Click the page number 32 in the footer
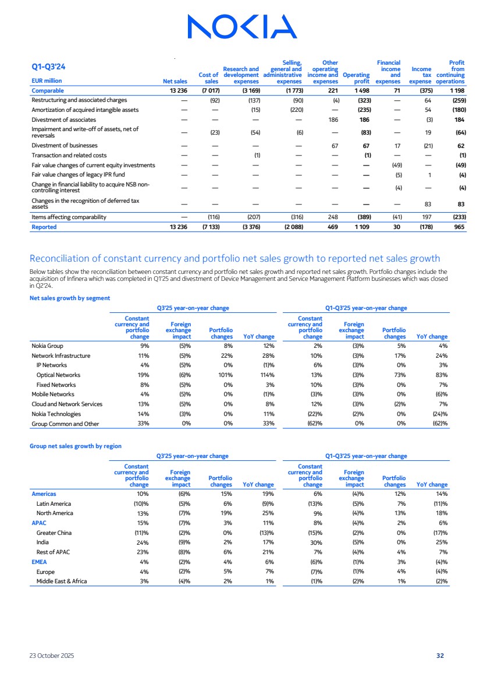tap(440, 656)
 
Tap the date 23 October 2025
tap(52, 656)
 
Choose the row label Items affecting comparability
tap(69, 217)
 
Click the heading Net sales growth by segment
tap(70, 298)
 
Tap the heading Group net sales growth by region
tap(76, 446)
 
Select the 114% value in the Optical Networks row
tap(266, 375)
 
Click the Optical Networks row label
tap(58, 375)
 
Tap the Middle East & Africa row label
tap(62, 581)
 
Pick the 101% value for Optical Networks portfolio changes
tap(225, 375)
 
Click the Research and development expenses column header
tap(241, 75)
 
